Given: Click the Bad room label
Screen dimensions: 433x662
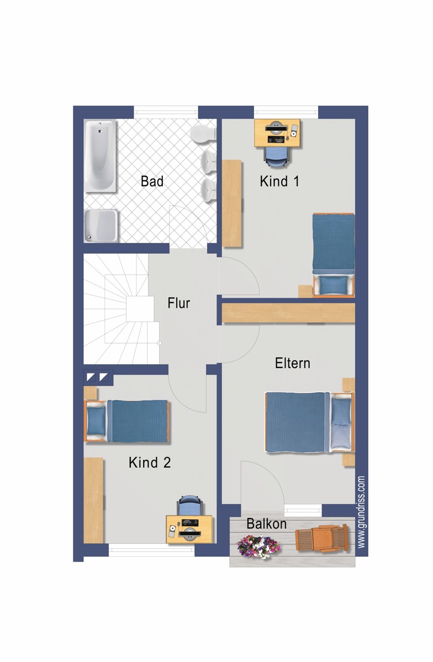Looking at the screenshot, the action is (x=152, y=181).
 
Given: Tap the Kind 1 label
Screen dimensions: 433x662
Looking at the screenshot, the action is (x=279, y=181).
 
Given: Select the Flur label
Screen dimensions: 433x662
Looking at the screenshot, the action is (x=178, y=303).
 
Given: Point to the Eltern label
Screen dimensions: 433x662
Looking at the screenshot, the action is (x=292, y=363).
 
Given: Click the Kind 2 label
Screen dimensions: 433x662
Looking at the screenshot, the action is (x=150, y=462).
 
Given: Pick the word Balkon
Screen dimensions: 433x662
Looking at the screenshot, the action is (x=266, y=524).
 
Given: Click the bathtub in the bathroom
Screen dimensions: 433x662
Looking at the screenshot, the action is (x=100, y=156).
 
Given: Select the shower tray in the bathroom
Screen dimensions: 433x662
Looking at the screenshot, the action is (x=101, y=226).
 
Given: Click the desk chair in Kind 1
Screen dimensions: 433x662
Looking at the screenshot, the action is (x=276, y=155).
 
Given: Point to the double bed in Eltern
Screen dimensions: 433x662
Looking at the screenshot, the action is (x=310, y=421).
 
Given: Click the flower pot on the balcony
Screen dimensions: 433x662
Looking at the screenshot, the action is (x=257, y=547).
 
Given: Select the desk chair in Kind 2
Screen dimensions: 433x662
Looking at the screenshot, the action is (x=189, y=505).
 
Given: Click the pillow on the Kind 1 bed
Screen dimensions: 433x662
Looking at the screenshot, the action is (x=334, y=285).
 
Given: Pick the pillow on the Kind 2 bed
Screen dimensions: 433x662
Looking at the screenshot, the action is (x=96, y=421).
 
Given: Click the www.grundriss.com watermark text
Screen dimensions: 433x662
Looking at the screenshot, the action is (x=361, y=512).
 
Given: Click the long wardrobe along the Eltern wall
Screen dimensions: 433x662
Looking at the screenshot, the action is (x=288, y=313).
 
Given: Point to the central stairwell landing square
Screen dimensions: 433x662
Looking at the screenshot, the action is (x=140, y=309).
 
